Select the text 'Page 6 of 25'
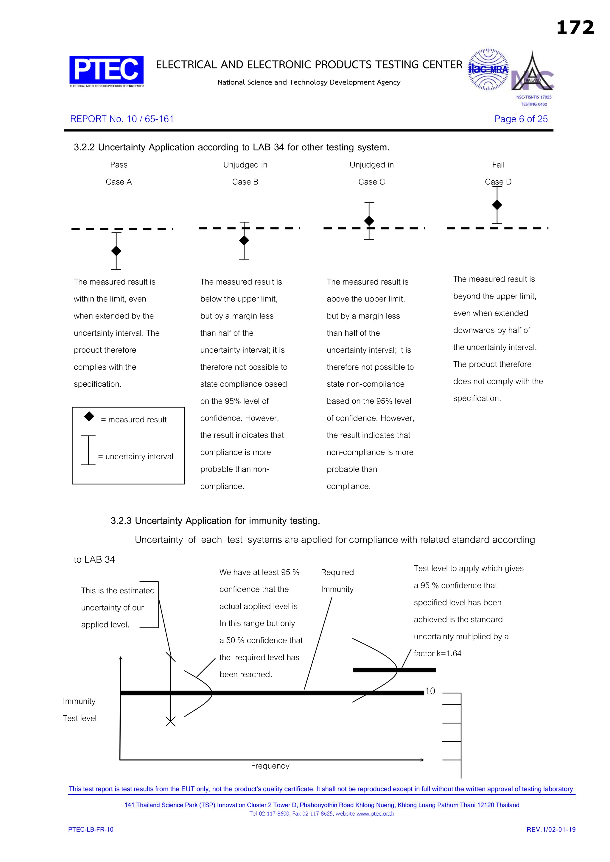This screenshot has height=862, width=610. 521,119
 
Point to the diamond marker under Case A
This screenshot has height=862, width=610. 116,251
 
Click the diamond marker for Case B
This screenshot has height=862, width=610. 244,240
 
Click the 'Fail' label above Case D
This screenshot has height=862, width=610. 498,165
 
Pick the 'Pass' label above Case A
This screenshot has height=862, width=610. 119,165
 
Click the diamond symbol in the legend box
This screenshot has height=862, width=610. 89,416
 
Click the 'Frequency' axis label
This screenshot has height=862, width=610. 270,766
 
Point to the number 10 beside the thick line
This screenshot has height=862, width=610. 430,691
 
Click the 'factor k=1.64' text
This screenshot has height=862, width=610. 438,654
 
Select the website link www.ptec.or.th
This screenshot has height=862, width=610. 375,813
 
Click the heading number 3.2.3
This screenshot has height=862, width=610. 121,521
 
